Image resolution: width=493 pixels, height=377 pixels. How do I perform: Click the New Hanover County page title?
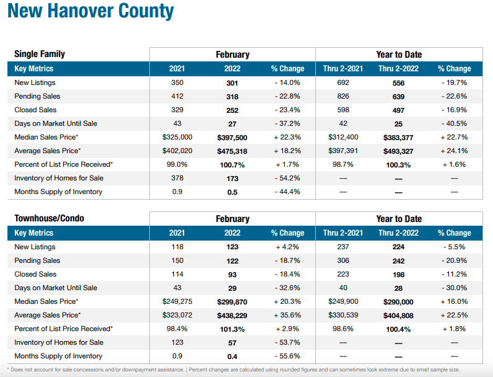tap(90, 12)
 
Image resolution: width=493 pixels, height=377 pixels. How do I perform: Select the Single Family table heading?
tap(40, 54)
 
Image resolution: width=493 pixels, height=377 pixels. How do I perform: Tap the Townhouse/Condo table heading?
tap(49, 218)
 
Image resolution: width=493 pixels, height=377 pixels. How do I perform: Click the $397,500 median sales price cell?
tap(232, 137)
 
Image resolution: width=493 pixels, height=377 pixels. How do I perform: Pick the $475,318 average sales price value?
tap(232, 151)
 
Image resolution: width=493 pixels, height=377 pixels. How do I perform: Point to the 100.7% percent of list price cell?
tap(232, 164)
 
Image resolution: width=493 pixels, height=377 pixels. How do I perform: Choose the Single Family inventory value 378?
tap(177, 178)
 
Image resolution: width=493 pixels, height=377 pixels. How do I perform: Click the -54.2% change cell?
tap(287, 178)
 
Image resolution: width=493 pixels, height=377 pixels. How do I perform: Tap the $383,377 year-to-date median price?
tap(398, 137)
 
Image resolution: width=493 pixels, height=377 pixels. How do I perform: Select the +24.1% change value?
tap(454, 151)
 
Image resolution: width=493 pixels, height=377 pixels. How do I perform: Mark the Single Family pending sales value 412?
tap(177, 96)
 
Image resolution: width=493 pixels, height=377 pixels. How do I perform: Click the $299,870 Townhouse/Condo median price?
tap(232, 301)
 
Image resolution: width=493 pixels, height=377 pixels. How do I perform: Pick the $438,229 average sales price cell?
tap(232, 315)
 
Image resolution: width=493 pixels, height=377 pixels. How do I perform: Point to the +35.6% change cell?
tap(287, 315)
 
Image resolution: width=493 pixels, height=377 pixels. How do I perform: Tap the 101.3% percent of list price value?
tap(232, 329)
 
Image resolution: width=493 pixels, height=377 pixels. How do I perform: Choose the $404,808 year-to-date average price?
tap(398, 315)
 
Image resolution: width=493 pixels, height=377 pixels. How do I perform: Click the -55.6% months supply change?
tap(287, 356)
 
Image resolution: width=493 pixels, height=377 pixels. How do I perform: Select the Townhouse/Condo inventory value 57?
tap(232, 342)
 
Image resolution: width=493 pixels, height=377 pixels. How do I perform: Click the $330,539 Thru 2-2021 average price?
tap(343, 315)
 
